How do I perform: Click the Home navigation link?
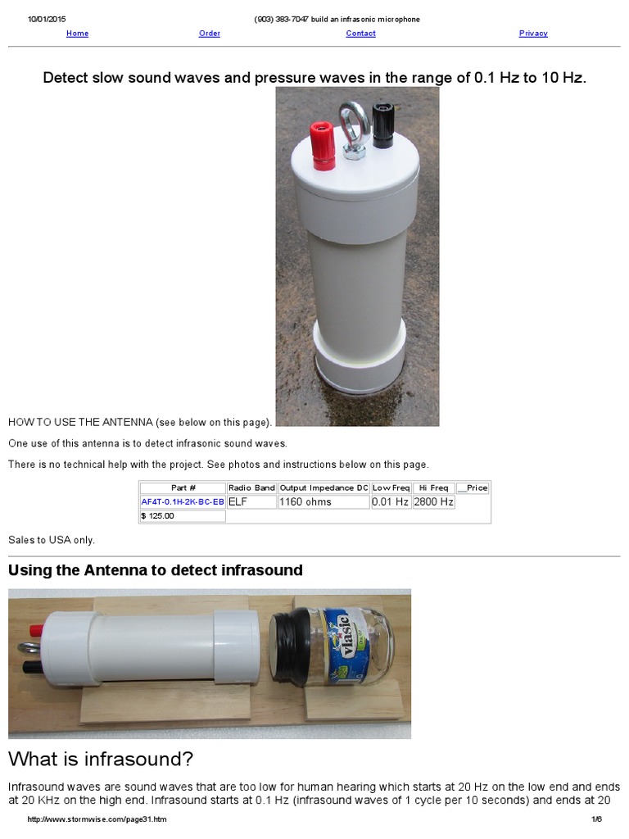coord(77,34)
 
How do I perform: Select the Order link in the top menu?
coord(210,34)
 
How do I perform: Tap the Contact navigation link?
coord(360,34)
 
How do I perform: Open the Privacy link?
coord(533,34)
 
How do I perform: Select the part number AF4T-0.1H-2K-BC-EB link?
coord(183,501)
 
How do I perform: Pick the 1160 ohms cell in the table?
coord(324,501)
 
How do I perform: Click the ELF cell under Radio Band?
coord(251,501)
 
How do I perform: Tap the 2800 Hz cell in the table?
coord(433,501)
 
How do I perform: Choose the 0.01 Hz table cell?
coord(391,501)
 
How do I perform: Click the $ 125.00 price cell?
coord(182,516)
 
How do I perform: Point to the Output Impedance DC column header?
coord(324,488)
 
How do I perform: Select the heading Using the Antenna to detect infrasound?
coord(156,570)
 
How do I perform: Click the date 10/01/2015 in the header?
coord(47,19)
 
